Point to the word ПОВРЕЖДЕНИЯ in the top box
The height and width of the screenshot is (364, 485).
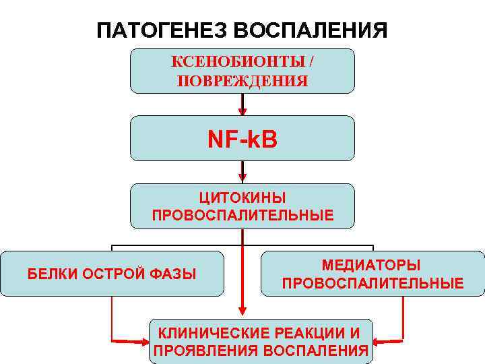(243, 81)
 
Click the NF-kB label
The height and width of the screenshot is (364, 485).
(243, 140)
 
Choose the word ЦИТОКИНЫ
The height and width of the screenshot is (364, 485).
(243, 198)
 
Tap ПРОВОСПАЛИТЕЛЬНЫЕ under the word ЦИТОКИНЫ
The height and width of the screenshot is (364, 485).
(243, 216)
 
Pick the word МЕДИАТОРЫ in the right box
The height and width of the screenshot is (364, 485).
(372, 266)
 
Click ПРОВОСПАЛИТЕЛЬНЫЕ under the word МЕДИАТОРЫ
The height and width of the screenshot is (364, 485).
(373, 283)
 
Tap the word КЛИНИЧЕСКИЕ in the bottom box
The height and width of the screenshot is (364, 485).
(212, 333)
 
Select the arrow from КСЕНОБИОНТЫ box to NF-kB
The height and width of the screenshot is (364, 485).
(243, 104)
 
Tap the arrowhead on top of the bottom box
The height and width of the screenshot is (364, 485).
(243, 312)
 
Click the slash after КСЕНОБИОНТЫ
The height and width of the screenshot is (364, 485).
(311, 62)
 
